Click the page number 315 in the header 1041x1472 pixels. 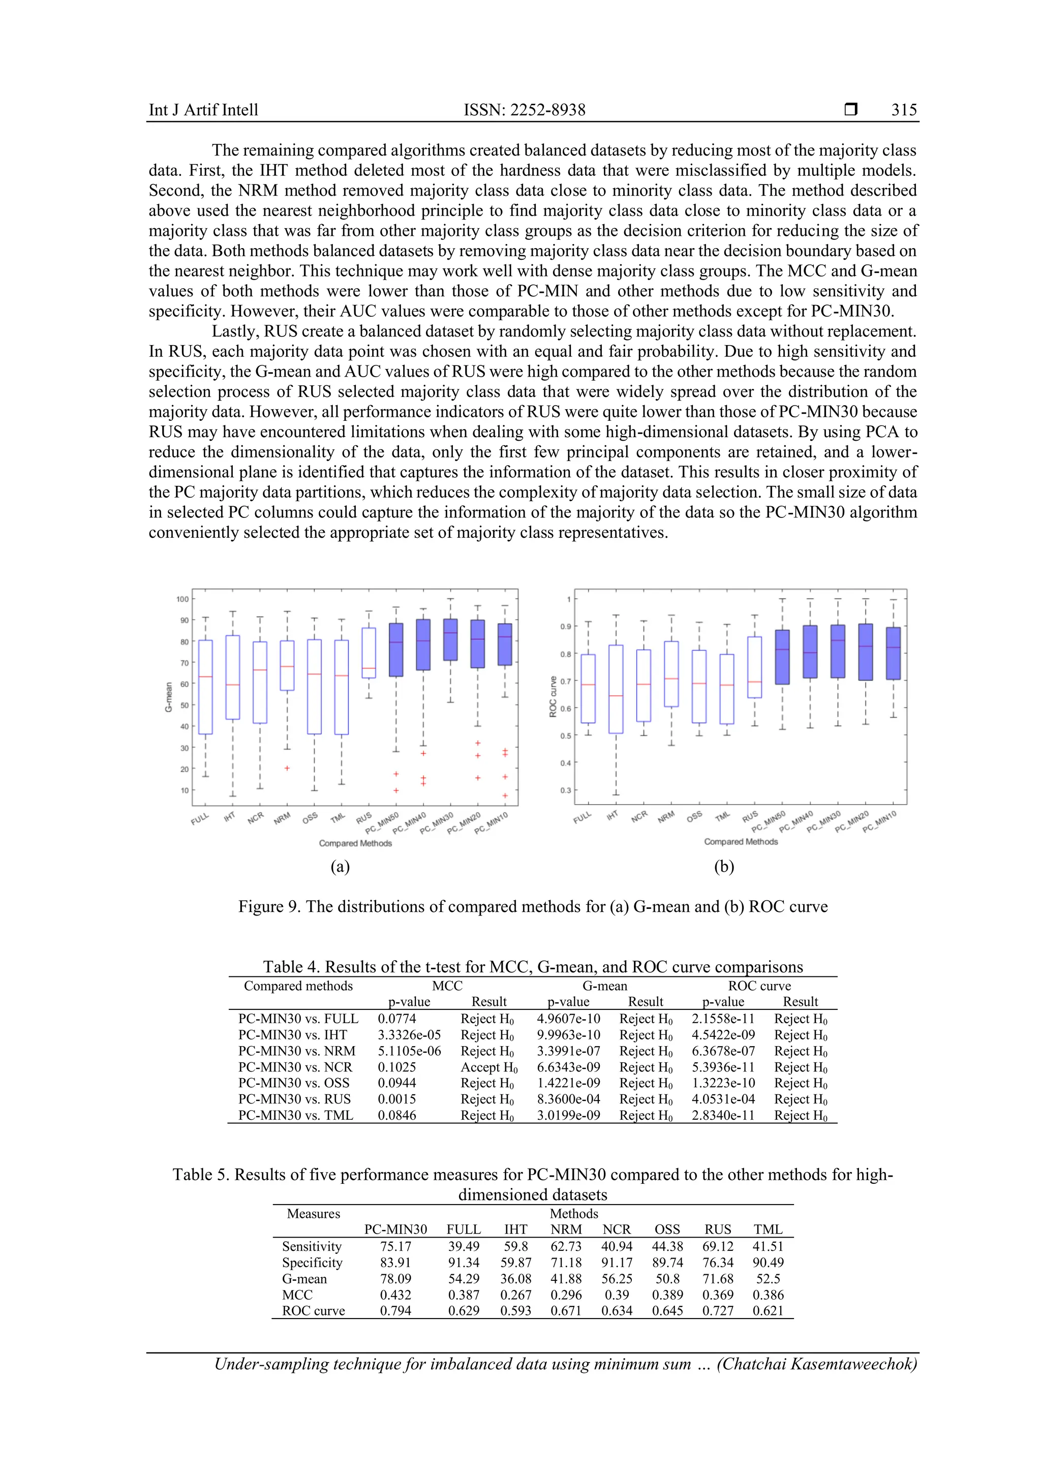904,110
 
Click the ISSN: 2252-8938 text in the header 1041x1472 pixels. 525,110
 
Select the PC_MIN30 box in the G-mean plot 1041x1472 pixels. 451,639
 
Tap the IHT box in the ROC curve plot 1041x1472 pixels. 616,689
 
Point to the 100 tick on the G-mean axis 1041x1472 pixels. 182,599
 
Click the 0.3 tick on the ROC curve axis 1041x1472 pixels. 565,790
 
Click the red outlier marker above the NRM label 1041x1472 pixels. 287,768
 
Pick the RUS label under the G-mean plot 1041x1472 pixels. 364,818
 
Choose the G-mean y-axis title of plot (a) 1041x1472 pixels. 169,697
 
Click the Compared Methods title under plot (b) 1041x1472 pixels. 741,842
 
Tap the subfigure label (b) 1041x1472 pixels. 724,867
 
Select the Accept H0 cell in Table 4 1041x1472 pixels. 488,1067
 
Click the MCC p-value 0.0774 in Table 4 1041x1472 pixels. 397,1018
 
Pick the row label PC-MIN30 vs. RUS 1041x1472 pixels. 294,1099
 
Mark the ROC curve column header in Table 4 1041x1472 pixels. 759,986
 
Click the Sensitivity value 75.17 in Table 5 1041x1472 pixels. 395,1246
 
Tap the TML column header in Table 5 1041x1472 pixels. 768,1229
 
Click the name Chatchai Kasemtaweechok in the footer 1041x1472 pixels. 817,1364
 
